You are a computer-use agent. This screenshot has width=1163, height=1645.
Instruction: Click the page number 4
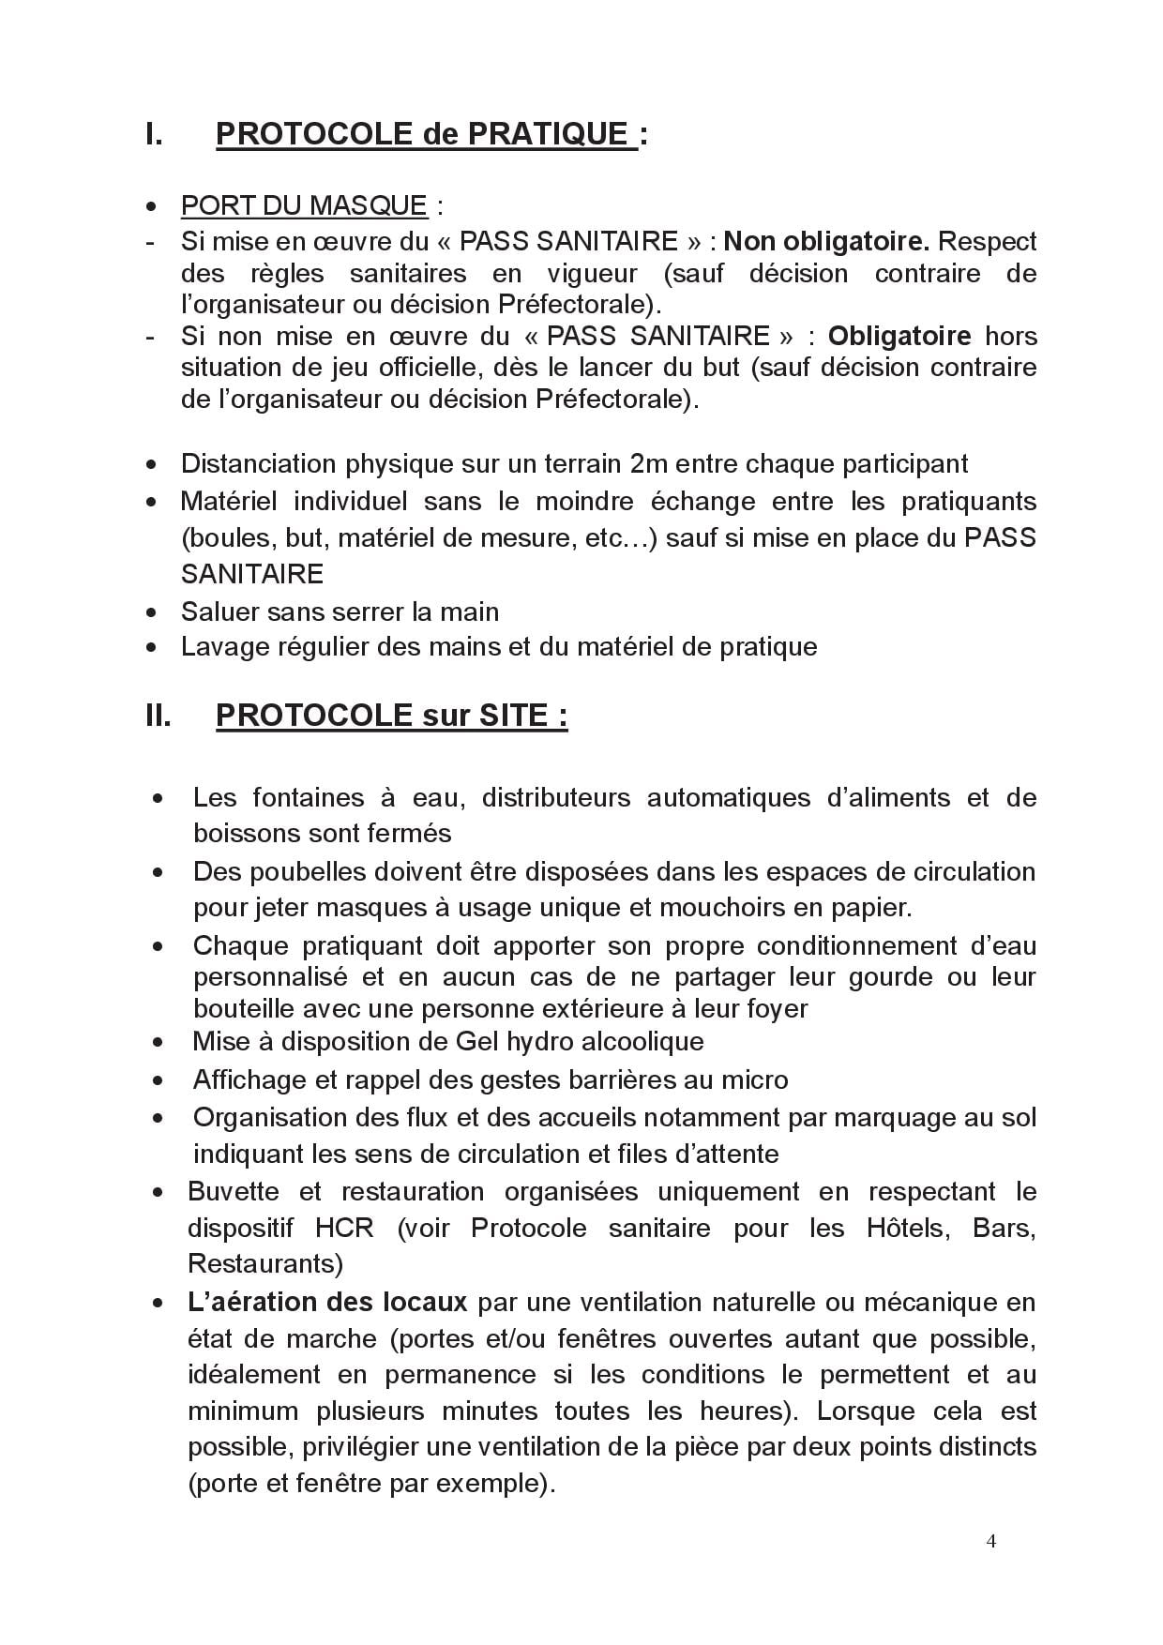pos(991,1542)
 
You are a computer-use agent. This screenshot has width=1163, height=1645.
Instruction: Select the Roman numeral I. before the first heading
pos(154,134)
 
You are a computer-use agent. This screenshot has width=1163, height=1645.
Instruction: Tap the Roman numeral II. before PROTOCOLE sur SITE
pos(159,716)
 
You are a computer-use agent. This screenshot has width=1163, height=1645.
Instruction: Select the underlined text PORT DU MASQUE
pos(304,205)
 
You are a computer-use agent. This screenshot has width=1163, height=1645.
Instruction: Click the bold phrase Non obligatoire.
pos(826,241)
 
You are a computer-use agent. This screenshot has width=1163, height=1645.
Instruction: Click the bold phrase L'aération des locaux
pos(327,1302)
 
